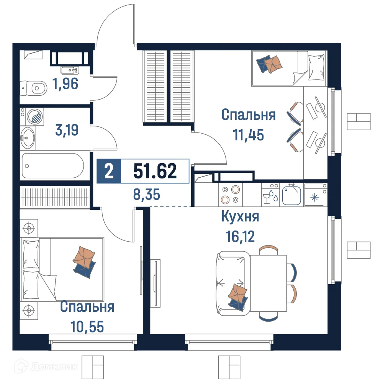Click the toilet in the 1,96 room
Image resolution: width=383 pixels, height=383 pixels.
pyautogui.click(x=32, y=88)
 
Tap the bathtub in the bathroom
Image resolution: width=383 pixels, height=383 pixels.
pyautogui.click(x=52, y=165)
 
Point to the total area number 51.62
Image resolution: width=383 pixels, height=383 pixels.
pyautogui.click(x=155, y=171)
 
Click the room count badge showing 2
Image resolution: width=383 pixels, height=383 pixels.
pyautogui.click(x=109, y=171)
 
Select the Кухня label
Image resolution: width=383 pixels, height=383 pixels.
pyautogui.click(x=240, y=217)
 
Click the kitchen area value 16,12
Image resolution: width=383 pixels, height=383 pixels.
pyautogui.click(x=240, y=235)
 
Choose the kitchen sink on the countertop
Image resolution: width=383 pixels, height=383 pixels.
pyautogui.click(x=292, y=194)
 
